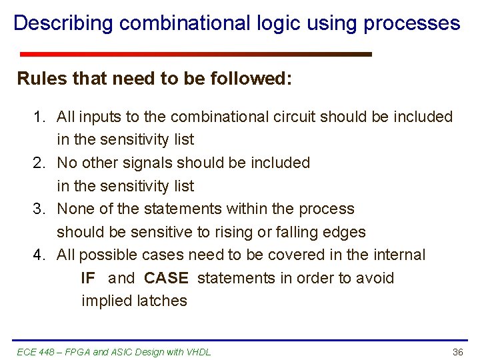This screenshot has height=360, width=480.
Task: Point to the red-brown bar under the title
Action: (195, 54)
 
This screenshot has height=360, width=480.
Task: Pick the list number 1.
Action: (39, 117)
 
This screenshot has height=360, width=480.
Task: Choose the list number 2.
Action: (39, 163)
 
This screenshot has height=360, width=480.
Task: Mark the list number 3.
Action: (39, 209)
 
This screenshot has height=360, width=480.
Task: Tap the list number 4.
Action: (39, 255)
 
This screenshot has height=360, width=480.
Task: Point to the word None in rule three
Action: (75, 209)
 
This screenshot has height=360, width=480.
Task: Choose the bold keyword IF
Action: (88, 278)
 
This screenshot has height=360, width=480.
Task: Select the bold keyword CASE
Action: (166, 278)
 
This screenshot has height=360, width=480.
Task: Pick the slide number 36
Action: (457, 352)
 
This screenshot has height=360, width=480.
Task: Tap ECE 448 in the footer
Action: (35, 352)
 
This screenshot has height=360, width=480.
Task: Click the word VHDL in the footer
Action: (198, 352)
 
